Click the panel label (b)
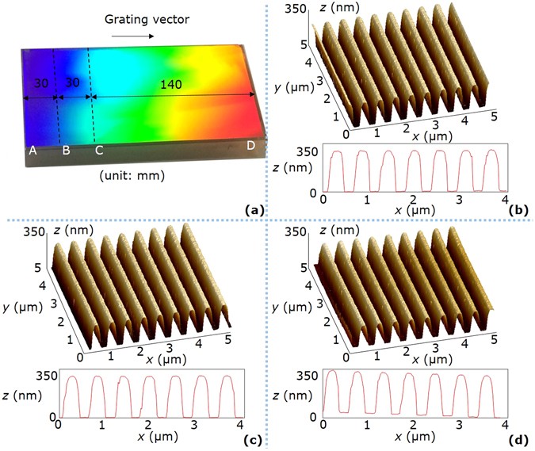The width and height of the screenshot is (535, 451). [521, 210]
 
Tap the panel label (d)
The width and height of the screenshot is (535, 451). [521, 439]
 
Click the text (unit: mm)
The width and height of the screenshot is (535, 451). [132, 176]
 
